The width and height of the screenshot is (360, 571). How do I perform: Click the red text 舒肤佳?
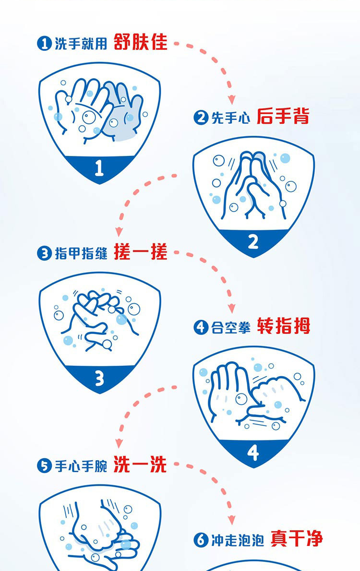point(140,42)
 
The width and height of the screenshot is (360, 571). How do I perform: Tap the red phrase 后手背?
point(283,116)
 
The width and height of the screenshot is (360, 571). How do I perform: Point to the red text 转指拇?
point(284,326)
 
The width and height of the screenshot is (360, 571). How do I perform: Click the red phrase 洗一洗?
point(140,464)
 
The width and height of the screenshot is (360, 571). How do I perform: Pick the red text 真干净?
point(297,538)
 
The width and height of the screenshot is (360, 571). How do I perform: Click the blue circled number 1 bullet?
point(44,44)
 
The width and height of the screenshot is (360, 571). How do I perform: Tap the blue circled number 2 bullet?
point(201,118)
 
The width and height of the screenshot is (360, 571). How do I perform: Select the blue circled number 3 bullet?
point(44,253)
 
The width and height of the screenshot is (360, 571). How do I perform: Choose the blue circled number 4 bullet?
point(201,327)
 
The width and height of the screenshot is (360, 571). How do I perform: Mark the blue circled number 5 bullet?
point(44,466)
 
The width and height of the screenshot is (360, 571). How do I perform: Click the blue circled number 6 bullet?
point(201,540)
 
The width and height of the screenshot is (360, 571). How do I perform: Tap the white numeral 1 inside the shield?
point(99,168)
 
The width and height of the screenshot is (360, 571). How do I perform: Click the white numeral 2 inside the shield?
point(253,241)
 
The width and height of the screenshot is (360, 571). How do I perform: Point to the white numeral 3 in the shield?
point(99,379)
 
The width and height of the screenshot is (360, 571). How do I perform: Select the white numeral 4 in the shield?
point(253,452)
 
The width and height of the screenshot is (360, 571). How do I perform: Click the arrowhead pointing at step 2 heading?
point(231,99)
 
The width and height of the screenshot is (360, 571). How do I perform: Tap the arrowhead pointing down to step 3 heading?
point(119,232)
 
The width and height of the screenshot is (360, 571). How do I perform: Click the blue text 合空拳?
point(231,327)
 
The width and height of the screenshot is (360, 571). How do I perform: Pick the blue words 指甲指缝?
point(81,253)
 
